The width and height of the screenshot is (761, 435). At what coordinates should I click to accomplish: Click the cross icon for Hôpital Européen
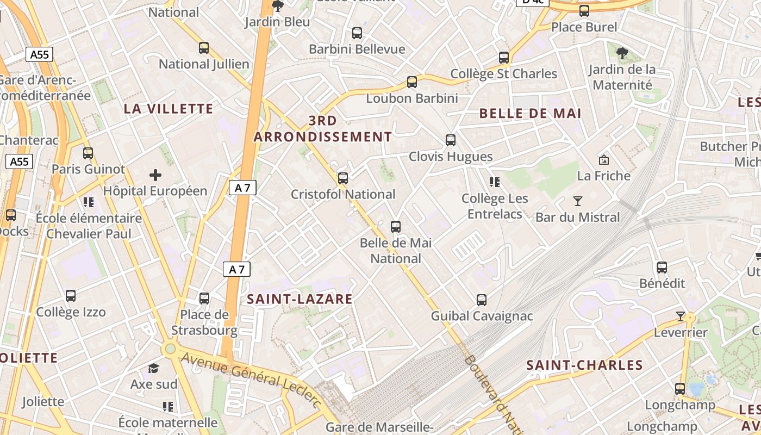155,175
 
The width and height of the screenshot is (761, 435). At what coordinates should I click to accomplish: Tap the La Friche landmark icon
603,160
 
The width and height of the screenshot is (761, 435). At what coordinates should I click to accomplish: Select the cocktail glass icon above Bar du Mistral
578,201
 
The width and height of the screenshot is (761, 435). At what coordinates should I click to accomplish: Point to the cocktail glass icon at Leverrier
680,316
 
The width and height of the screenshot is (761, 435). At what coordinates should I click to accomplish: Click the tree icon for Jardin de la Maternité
622,53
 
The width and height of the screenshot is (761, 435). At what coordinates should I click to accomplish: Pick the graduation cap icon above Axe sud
154,369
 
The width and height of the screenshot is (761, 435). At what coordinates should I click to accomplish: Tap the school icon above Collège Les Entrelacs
494,182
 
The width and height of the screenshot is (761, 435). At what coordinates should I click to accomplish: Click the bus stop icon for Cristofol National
343,178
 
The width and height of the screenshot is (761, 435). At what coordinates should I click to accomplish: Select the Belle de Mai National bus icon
396,227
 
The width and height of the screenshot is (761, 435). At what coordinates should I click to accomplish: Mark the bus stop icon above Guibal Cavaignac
482,300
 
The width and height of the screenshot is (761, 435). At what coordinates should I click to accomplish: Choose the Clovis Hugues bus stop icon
451,140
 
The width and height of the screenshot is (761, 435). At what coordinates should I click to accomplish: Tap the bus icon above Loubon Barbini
412,82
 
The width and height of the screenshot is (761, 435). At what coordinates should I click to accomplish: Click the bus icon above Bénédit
662,268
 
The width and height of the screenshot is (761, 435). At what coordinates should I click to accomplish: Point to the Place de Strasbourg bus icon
204,299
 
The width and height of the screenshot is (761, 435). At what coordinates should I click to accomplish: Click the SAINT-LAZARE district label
300,299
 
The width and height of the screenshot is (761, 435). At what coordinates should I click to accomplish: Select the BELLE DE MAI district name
531,114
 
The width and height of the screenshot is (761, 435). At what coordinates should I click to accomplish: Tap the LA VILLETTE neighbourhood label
169,109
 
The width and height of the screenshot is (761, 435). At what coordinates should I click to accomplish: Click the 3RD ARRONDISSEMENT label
323,129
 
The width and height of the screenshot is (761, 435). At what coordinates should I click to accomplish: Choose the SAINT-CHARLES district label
585,365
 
